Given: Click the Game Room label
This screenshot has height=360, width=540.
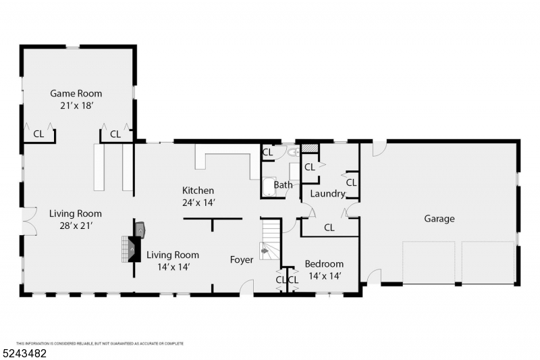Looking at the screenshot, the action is (x=76, y=93).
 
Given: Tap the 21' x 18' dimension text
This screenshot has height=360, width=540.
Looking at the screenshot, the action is (x=77, y=105).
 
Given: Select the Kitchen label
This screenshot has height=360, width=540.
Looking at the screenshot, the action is (x=198, y=190).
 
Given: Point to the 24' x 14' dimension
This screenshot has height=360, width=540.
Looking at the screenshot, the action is (x=198, y=203).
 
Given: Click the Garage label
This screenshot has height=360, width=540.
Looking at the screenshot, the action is (x=439, y=219).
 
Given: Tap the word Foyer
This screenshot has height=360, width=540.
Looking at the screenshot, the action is (x=242, y=260).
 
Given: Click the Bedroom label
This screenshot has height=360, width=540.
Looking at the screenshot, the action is (x=324, y=264).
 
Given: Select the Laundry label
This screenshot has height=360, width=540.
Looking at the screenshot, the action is (x=327, y=194).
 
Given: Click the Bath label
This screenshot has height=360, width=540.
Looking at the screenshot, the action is (x=283, y=185).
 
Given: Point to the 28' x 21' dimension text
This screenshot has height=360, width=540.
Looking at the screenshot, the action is (x=76, y=226).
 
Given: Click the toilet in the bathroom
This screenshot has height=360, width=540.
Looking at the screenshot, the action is (x=294, y=152).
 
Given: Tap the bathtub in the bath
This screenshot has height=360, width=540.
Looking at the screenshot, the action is (x=269, y=187).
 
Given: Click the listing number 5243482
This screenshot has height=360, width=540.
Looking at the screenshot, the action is (x=24, y=353).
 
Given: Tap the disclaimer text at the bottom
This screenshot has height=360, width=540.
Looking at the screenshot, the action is (x=100, y=344).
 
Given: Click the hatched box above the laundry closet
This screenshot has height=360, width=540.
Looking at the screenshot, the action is (x=310, y=148).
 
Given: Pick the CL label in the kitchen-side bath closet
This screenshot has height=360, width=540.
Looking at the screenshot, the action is (x=267, y=152).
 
